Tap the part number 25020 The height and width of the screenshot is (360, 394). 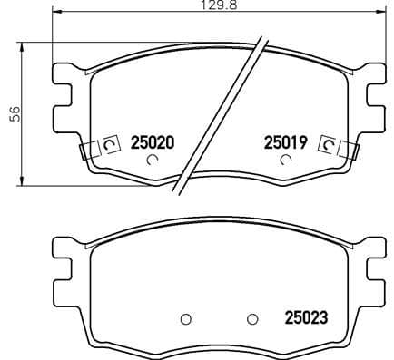(152, 142)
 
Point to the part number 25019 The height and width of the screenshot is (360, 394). (286, 142)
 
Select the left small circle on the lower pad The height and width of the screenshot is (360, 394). (185, 318)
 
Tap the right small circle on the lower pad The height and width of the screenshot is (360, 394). (251, 318)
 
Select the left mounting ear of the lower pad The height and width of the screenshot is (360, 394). (64, 267)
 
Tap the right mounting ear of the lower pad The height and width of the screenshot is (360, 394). (372, 267)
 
